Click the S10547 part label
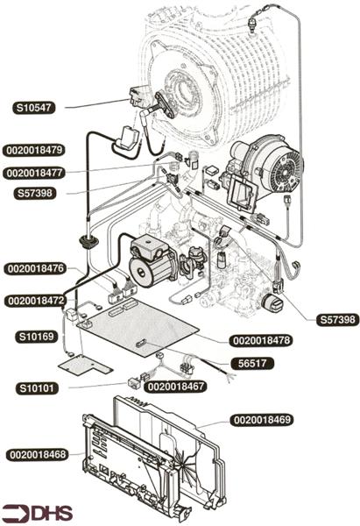(34, 108)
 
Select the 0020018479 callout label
(34, 150)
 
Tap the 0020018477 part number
(34, 173)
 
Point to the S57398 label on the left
(35, 193)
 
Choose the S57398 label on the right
(337, 319)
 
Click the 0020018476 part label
(36, 269)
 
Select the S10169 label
(36, 337)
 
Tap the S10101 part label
(37, 388)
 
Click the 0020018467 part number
(176, 387)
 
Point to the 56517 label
(252, 363)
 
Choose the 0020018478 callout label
(261, 341)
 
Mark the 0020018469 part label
(262, 420)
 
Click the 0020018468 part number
(38, 455)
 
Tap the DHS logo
(37, 513)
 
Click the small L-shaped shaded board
(85, 365)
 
